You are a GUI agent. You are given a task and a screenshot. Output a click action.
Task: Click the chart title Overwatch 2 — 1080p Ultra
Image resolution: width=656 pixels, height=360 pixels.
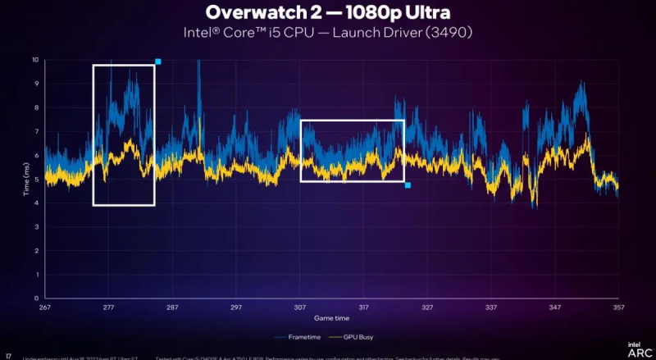(327, 14)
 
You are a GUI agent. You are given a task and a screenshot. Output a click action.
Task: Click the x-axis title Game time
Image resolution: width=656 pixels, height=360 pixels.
(332, 317)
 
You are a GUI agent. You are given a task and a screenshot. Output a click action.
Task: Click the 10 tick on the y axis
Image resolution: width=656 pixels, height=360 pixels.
(35, 60)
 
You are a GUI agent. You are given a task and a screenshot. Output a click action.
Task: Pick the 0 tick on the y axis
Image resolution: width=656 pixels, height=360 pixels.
(37, 298)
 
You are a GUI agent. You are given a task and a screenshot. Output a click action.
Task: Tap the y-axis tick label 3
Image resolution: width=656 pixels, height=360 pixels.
(37, 226)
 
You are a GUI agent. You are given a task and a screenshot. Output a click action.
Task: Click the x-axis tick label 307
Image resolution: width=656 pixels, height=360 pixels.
(300, 308)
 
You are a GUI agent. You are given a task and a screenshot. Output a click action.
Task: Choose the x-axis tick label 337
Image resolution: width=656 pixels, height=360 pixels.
(491, 308)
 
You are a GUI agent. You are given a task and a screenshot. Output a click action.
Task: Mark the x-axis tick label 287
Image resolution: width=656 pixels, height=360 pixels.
(172, 308)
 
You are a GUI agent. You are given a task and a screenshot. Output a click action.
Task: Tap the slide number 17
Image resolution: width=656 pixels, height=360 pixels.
(8, 355)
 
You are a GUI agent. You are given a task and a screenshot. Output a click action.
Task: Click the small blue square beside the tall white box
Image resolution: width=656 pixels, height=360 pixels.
(158, 62)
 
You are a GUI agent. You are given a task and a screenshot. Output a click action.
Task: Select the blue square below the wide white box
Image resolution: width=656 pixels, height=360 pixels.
(408, 185)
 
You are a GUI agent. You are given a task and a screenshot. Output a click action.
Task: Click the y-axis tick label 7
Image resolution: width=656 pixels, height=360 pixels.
(37, 131)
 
